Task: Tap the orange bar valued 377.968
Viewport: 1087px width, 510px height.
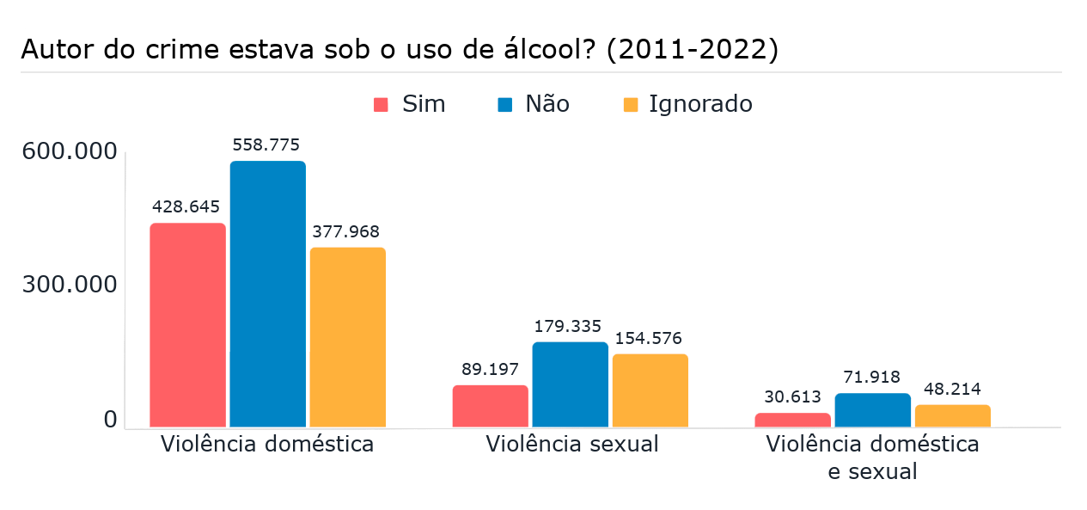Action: (347, 337)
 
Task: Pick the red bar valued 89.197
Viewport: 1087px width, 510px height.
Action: (490, 406)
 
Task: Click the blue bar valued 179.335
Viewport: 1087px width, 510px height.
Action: (570, 384)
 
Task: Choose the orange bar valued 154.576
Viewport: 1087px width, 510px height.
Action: (650, 390)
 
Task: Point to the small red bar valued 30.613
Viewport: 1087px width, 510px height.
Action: (792, 420)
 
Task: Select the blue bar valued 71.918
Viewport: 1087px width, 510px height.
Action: (872, 410)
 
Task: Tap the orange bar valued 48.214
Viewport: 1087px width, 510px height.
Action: (952, 415)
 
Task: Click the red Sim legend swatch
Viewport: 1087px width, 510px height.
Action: (382, 105)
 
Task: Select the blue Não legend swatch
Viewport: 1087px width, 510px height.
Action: (505, 105)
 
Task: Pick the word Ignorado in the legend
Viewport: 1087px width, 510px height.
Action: (700, 104)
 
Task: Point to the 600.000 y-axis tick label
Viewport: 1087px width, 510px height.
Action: (70, 151)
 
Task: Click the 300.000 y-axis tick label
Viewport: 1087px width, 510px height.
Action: (70, 285)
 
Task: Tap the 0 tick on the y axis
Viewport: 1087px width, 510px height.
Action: (110, 420)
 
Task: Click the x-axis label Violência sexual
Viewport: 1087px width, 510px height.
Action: (571, 445)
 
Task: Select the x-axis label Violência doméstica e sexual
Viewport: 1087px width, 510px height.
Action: (872, 458)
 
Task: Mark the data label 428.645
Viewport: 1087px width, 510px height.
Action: (186, 206)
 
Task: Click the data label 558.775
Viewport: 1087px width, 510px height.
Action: (266, 144)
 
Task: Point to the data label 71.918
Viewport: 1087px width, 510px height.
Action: (872, 378)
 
